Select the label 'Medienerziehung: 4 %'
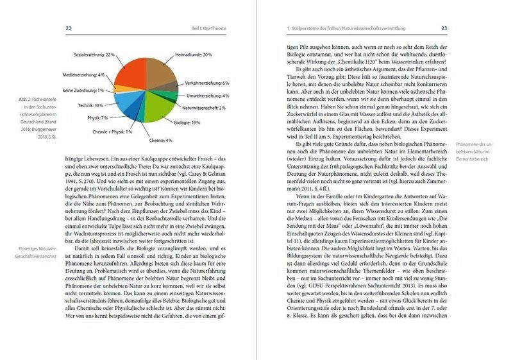pyautogui.click(x=83, y=74)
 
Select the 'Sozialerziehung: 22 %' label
pyautogui.click(x=94, y=55)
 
